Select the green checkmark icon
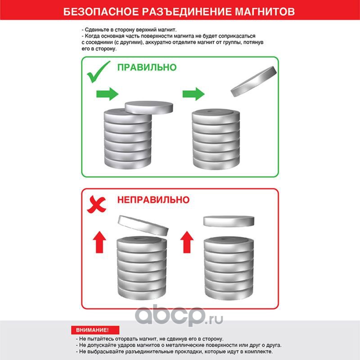coord(99,72)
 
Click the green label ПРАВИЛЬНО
coord(147,67)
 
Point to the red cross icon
coord(97,204)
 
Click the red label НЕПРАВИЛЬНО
coord(153,200)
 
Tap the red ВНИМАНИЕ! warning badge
coord(95,330)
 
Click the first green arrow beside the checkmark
coord(107,94)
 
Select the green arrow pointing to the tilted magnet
coord(193,94)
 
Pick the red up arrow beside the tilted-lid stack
coord(99,242)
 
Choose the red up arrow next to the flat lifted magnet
coord(187,242)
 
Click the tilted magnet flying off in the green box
coord(254,81)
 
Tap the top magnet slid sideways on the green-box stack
coord(149,107)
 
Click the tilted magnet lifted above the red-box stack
coord(143,226)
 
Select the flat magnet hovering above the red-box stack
coord(229,221)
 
